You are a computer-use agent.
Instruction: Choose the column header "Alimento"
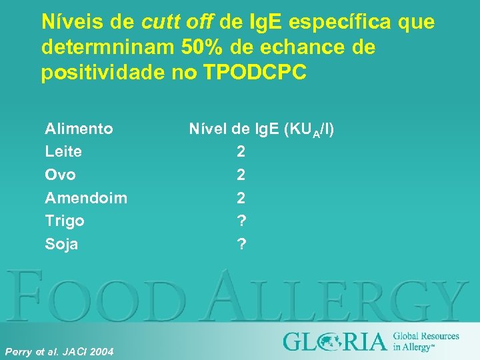click(x=79, y=128)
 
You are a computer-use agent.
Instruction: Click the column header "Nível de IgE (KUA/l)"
click(x=261, y=129)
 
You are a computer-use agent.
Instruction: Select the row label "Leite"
click(x=63, y=151)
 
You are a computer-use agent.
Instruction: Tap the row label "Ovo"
click(x=60, y=175)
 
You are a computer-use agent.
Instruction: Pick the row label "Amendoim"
click(x=86, y=198)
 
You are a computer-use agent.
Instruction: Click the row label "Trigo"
click(x=65, y=221)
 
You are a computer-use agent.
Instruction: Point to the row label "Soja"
click(x=61, y=244)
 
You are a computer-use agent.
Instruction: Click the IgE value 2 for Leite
click(x=241, y=152)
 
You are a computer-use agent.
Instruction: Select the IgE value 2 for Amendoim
click(x=241, y=198)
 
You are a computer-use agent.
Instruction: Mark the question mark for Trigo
click(x=241, y=221)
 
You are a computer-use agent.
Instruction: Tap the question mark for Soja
click(x=241, y=244)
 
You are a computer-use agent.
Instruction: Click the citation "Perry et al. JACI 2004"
click(x=59, y=351)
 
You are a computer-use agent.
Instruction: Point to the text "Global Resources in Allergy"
click(x=425, y=341)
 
